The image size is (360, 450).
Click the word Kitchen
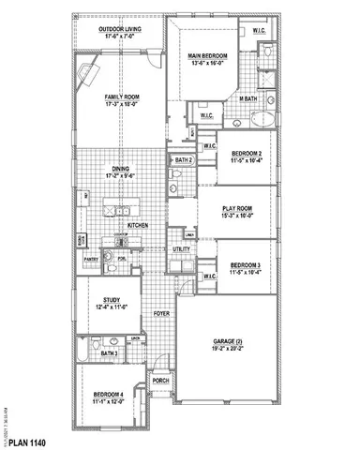point(139,226)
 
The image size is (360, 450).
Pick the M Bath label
point(247,98)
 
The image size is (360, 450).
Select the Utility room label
point(182,249)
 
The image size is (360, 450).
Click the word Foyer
point(161,315)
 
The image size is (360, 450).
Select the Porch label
point(160,381)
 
